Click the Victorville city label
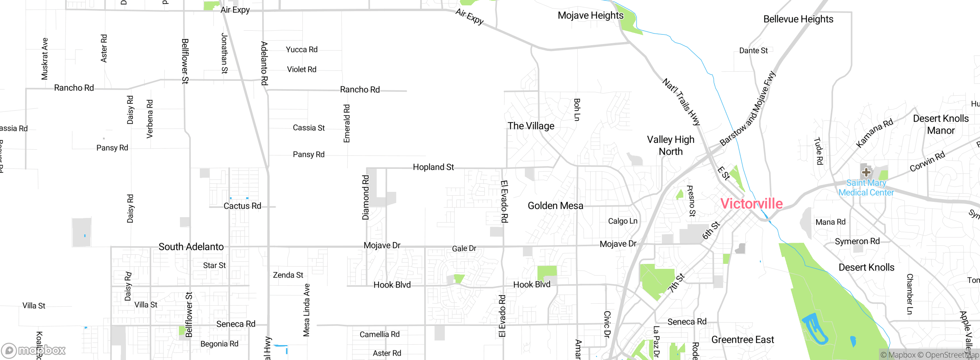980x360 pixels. click(751, 203)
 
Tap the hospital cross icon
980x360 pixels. click(866, 172)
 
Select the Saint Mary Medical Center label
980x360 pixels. click(866, 188)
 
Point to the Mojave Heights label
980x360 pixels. click(590, 15)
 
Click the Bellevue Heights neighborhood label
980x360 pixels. click(798, 19)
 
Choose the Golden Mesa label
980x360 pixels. click(555, 206)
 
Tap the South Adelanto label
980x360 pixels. click(191, 247)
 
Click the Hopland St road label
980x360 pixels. click(433, 167)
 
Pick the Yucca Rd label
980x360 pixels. click(302, 49)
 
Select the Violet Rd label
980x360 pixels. click(302, 69)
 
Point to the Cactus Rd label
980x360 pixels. click(242, 206)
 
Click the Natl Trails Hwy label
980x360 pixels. click(681, 102)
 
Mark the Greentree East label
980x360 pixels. click(743, 340)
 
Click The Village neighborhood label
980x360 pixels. click(531, 126)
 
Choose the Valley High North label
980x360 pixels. click(671, 146)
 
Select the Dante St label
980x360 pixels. click(753, 51)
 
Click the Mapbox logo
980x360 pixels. click(34, 350)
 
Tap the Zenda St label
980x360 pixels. click(288, 275)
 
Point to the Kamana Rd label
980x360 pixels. click(874, 133)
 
